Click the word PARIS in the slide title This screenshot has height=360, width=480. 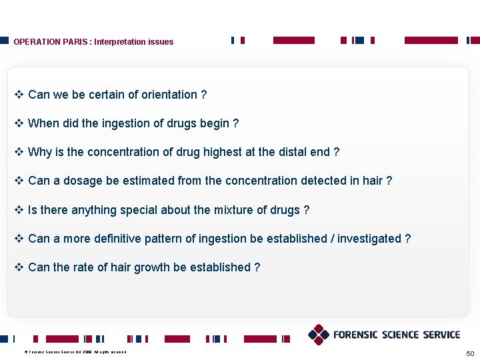coord(75,42)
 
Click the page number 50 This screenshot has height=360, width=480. coord(471,352)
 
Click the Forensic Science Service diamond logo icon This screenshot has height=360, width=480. coord(319,334)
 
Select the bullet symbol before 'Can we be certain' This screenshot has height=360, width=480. coord(19,95)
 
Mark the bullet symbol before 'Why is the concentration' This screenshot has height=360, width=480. coord(19,152)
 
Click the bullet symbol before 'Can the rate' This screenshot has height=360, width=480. coord(19,267)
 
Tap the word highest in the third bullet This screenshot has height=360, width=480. coord(222,152)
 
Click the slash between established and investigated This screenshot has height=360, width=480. coord(332,239)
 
